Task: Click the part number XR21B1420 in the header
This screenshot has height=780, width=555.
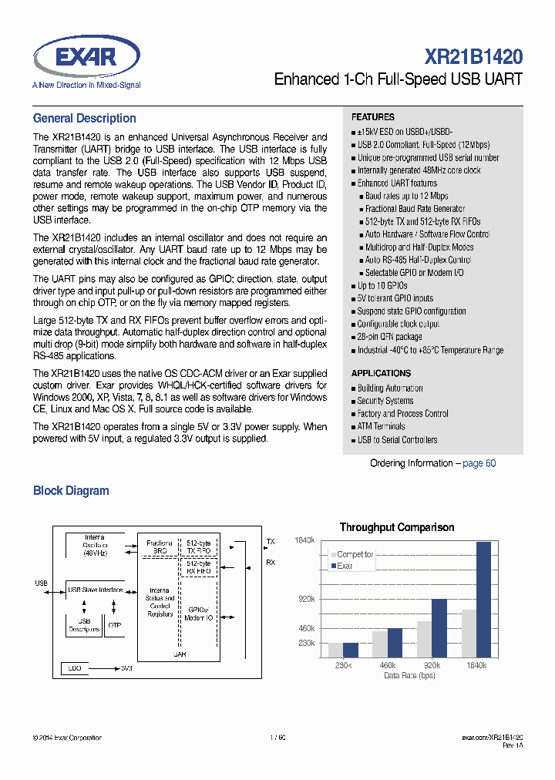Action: (473, 56)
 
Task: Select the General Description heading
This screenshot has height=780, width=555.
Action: (84, 119)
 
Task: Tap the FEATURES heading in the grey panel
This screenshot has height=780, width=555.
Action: (372, 117)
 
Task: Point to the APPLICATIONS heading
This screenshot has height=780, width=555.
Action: (381, 373)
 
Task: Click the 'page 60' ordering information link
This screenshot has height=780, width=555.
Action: (479, 463)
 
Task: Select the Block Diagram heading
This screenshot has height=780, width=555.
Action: (71, 491)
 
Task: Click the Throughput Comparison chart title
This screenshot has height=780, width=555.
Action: (397, 527)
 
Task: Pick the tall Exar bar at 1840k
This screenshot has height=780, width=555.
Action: (483, 599)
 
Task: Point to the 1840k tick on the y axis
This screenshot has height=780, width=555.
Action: (304, 540)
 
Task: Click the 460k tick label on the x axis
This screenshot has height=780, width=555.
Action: (387, 665)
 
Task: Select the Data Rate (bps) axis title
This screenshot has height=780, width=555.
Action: (409, 675)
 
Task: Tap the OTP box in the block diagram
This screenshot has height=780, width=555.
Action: (115, 625)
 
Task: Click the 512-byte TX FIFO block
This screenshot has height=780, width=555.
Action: (198, 547)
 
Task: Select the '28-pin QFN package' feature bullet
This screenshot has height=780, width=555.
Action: (389, 337)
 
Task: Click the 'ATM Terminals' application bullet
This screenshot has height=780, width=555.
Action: (381, 426)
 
